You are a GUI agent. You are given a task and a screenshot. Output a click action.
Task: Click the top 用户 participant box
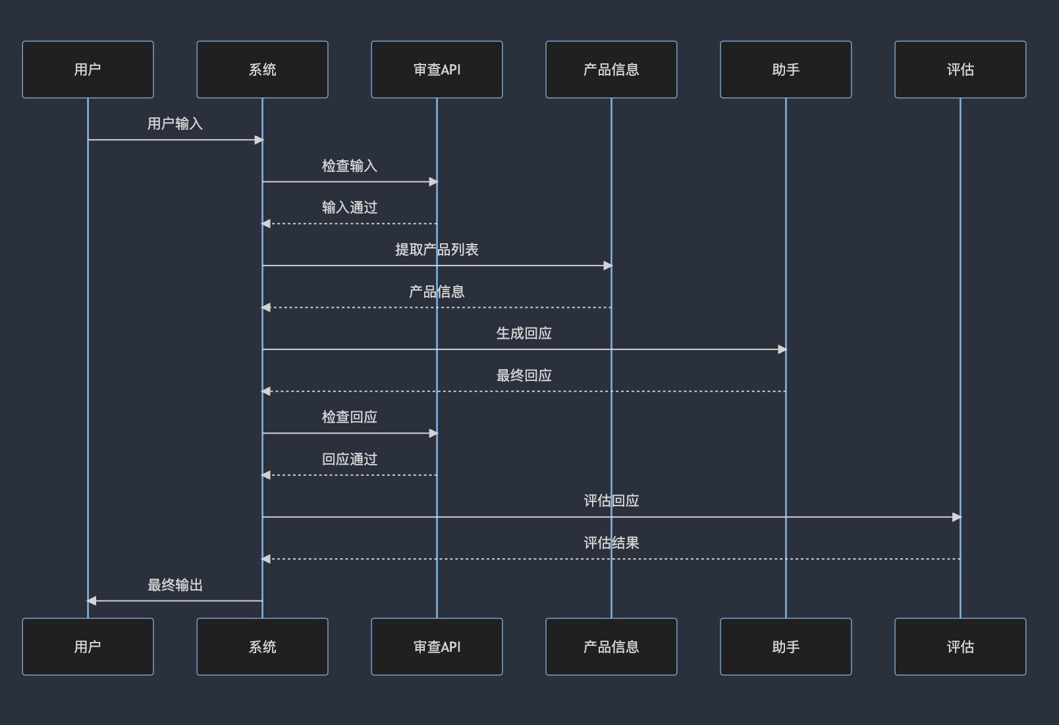tap(88, 69)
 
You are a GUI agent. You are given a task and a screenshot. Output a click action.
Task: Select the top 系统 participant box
tap(262, 69)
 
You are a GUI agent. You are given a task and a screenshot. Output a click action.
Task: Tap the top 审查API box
tap(437, 69)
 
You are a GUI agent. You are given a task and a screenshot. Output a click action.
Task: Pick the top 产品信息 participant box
tap(611, 69)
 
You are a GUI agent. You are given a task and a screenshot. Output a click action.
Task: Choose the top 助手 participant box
tap(786, 69)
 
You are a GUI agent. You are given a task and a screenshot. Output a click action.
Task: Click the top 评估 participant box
tap(960, 69)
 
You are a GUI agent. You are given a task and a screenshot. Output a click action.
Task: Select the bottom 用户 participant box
tap(88, 647)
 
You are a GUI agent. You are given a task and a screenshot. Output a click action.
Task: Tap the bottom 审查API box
tap(437, 647)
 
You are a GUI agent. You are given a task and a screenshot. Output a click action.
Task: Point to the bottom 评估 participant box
tap(960, 647)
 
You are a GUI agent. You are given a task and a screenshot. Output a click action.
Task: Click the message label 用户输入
tap(175, 124)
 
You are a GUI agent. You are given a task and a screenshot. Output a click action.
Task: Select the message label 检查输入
tap(349, 165)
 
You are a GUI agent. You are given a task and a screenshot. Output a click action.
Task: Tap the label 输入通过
tap(349, 208)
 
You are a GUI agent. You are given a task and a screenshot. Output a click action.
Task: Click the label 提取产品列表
tap(437, 249)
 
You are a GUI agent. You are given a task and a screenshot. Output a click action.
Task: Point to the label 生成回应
tap(524, 333)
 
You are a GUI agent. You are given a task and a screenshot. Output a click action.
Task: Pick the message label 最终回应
tap(524, 375)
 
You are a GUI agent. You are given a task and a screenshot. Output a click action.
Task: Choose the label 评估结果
tap(611, 542)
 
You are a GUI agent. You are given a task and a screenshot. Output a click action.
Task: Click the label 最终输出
tap(175, 585)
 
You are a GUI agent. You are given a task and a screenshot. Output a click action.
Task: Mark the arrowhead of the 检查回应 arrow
tap(433, 433)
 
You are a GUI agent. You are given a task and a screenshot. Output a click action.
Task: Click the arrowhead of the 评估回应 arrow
tap(957, 517)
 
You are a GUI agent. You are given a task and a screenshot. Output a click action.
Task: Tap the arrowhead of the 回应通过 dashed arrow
tap(266, 475)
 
